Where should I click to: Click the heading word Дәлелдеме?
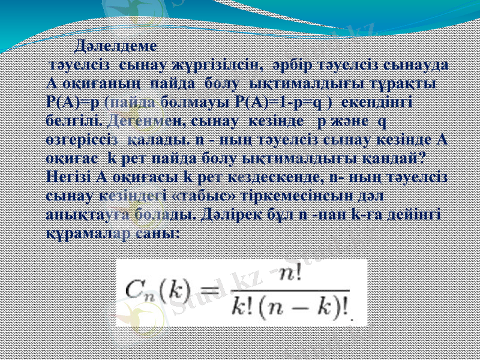click(117, 46)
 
